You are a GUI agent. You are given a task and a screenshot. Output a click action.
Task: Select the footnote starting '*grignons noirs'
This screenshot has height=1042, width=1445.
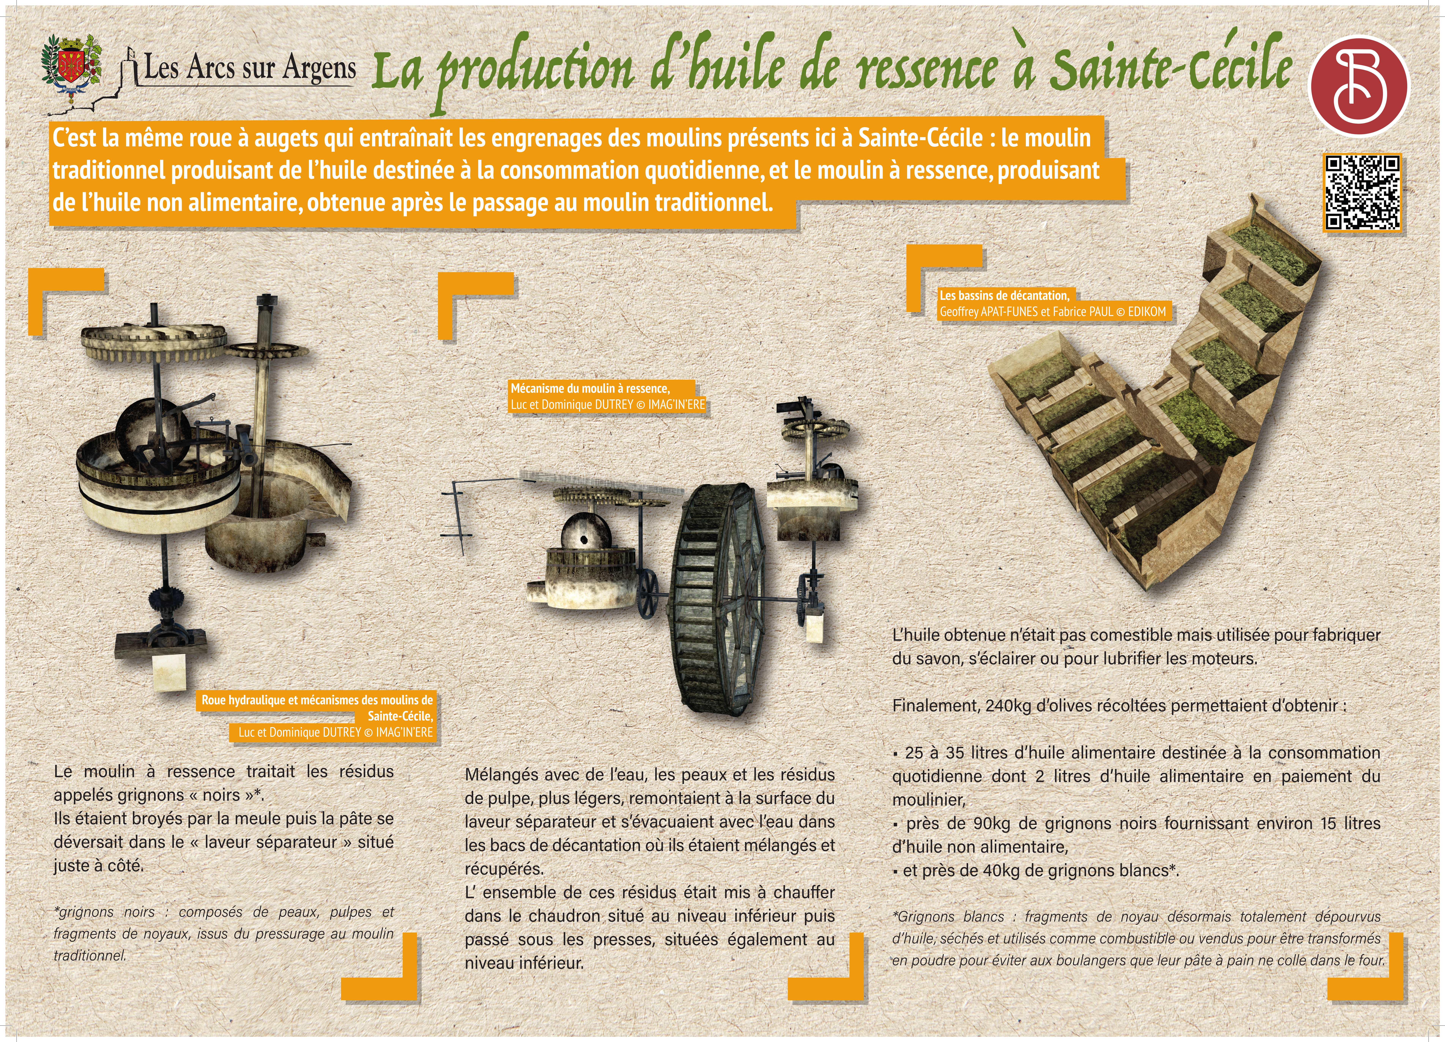223,934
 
